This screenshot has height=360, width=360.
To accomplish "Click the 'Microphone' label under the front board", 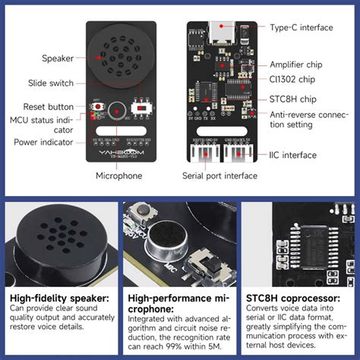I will pyautogui.click(x=118, y=175).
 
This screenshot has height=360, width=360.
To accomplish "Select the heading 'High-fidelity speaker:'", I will pyautogui.click(x=58, y=298).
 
